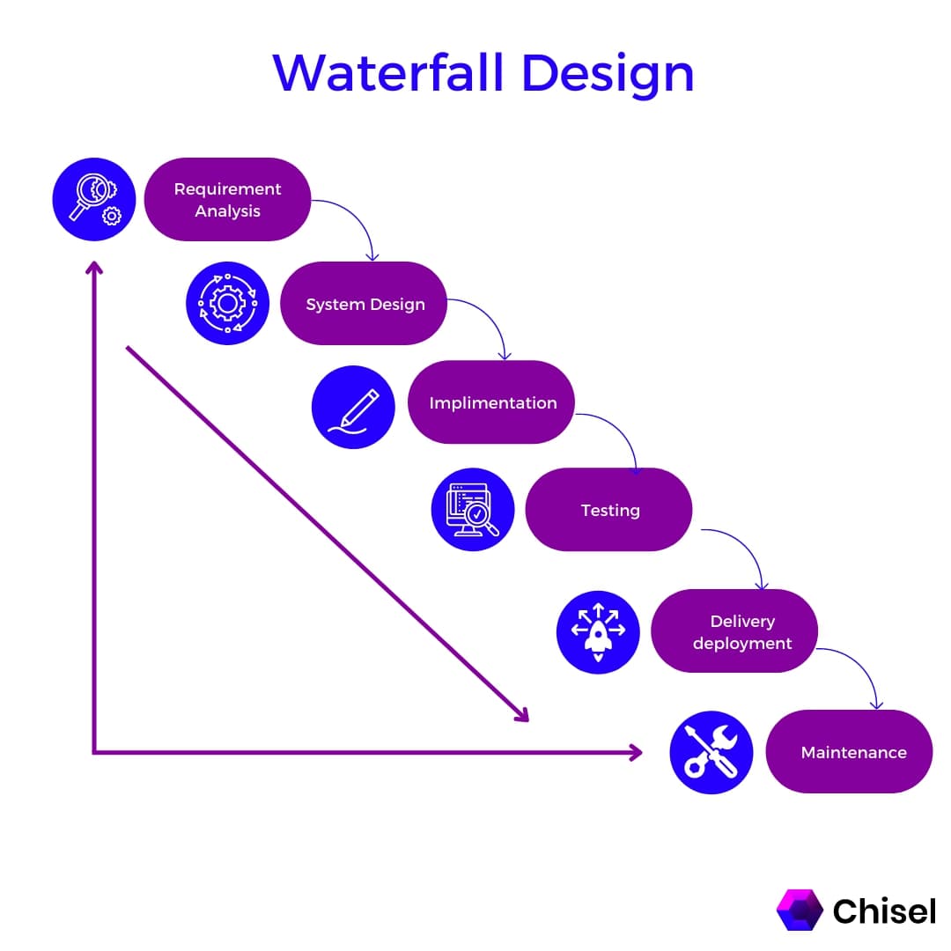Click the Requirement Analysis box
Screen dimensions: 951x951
coord(227,200)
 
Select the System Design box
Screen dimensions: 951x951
coord(364,304)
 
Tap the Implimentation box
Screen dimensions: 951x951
coord(491,402)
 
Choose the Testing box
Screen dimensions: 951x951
coord(608,510)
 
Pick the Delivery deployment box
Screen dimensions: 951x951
coord(734,631)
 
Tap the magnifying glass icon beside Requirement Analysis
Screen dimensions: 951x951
coord(93,200)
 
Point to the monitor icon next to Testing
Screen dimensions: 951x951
coord(473,510)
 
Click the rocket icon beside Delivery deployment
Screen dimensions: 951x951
coord(598,632)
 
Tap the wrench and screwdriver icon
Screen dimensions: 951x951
coord(711,753)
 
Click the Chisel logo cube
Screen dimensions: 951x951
coord(799,910)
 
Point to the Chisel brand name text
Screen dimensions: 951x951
coord(884,910)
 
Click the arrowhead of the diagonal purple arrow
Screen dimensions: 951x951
coord(521,715)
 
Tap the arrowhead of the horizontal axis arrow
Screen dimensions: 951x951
coord(635,752)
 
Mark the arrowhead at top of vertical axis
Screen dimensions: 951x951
coord(93,267)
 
